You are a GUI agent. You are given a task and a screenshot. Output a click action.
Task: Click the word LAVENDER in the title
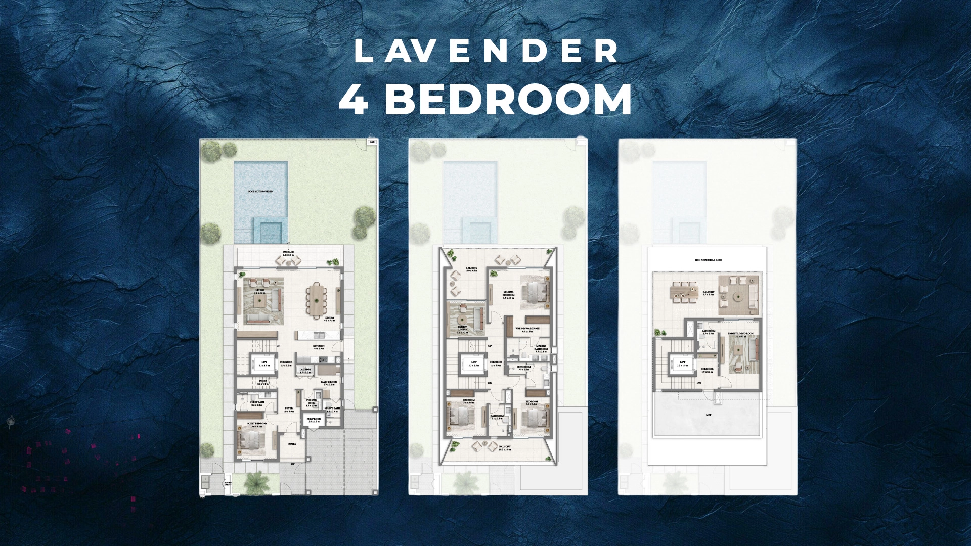(x=485, y=52)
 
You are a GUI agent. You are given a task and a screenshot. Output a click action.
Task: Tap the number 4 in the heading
(x=354, y=99)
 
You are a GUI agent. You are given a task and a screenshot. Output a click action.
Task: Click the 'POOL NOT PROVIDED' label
(x=260, y=192)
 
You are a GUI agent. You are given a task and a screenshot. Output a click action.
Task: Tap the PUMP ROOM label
(x=315, y=420)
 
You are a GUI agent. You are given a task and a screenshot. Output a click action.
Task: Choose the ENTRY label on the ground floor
(x=292, y=444)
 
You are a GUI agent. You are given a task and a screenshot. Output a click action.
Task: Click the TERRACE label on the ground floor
(x=288, y=252)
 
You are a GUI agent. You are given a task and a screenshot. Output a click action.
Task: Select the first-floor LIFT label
(x=474, y=363)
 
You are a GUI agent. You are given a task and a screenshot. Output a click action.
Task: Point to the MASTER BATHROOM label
(x=541, y=348)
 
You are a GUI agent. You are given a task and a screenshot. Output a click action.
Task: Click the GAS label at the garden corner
(x=372, y=142)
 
